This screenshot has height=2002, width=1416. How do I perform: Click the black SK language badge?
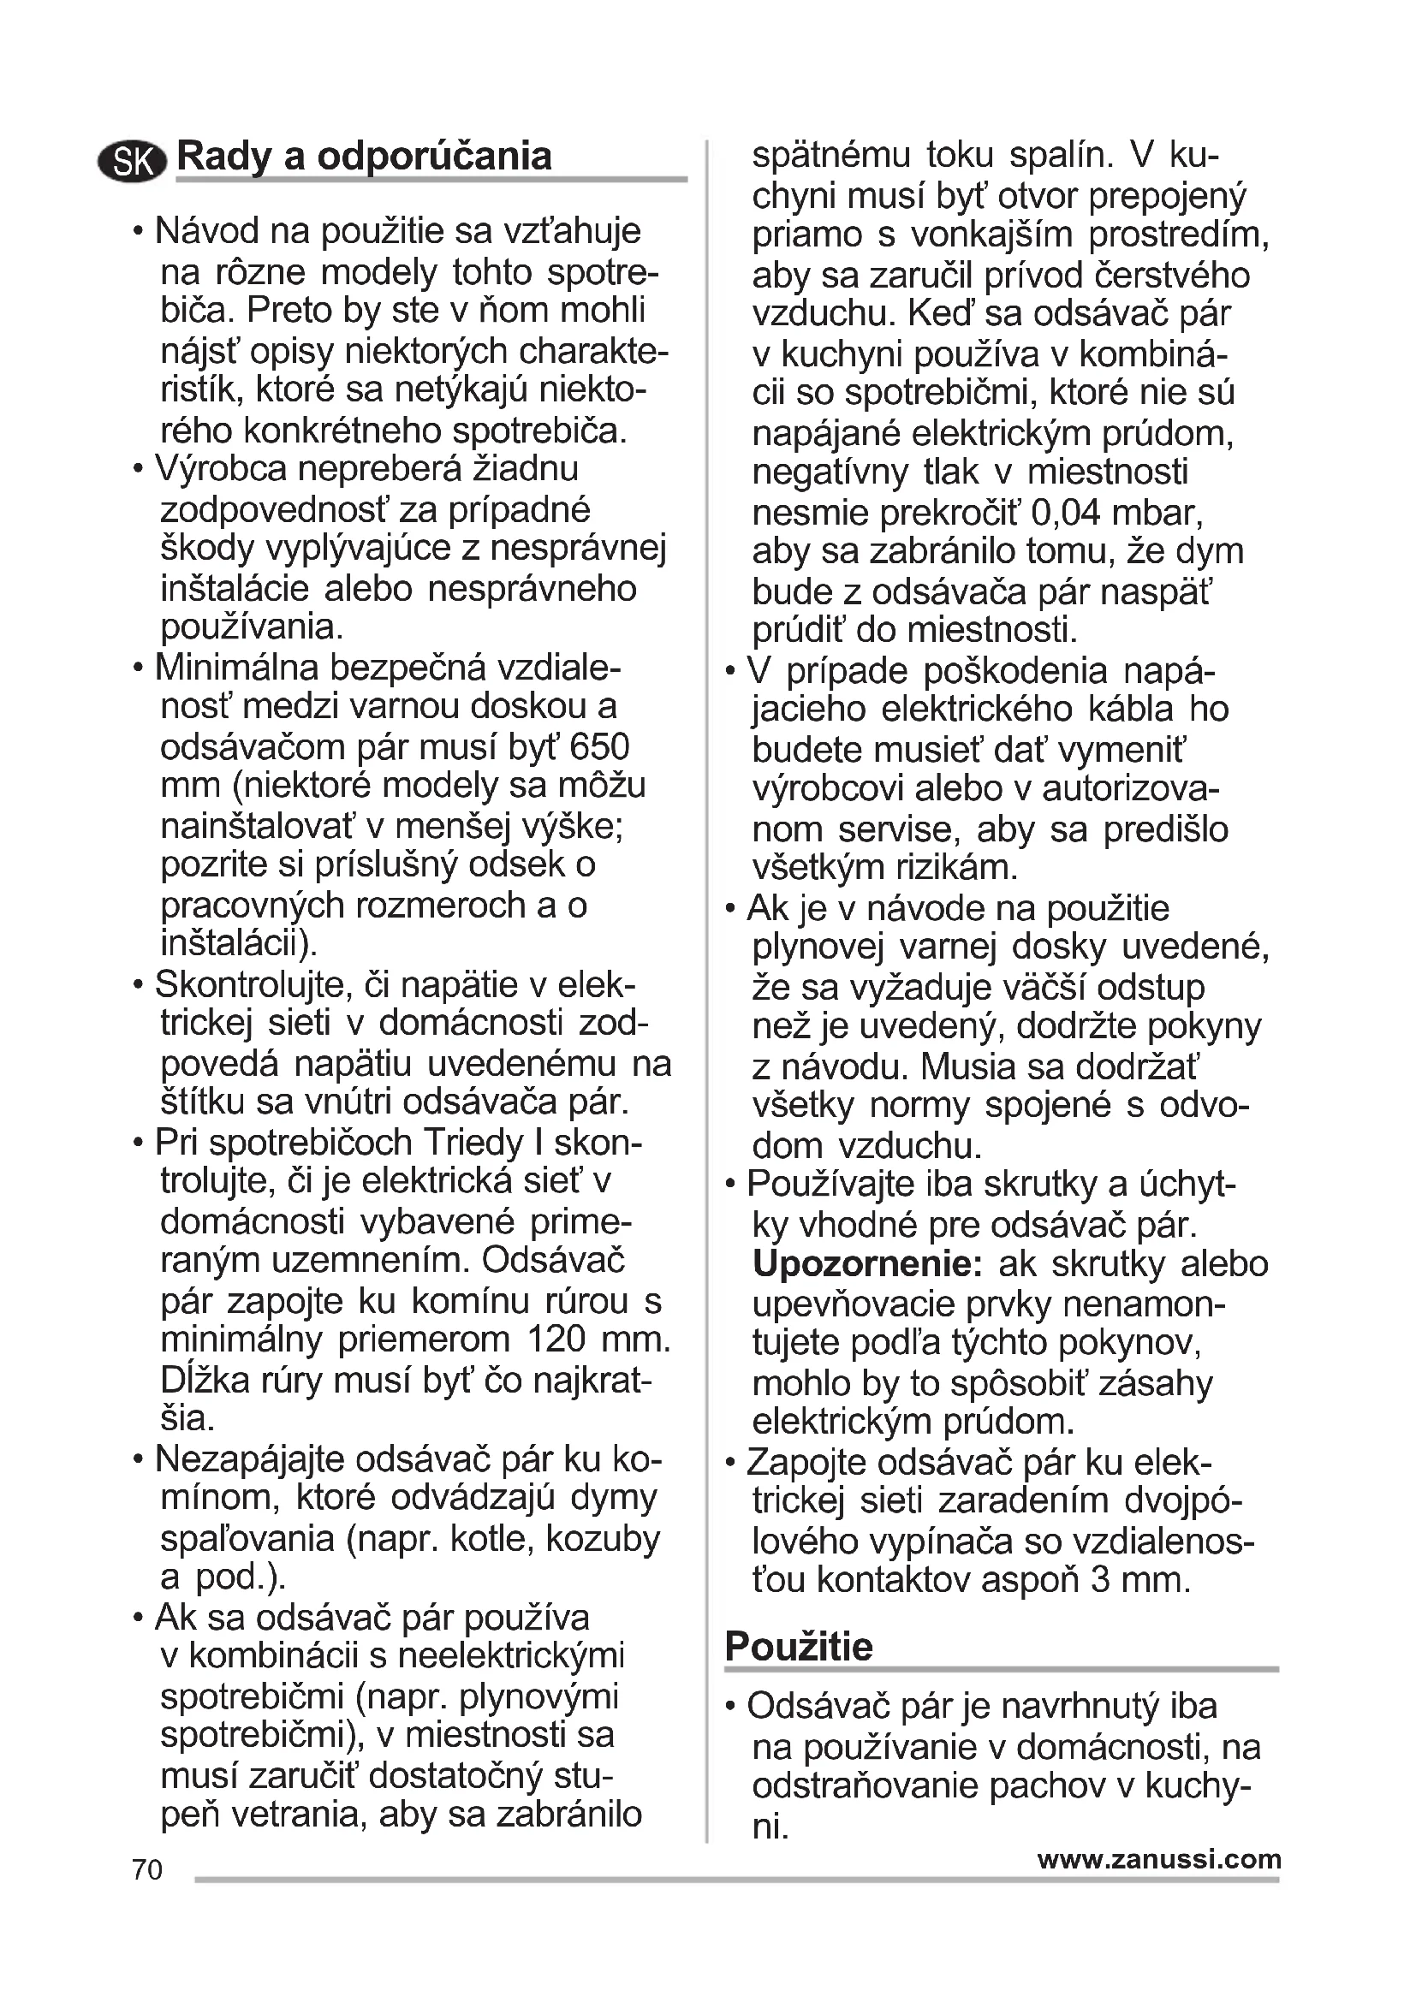133,161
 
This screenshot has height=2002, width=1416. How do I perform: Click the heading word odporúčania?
434,157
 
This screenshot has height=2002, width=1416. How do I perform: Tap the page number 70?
147,1869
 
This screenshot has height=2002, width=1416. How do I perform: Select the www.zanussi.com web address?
1159,1859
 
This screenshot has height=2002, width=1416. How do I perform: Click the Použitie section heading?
798,1646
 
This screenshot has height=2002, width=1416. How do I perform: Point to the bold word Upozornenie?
867,1263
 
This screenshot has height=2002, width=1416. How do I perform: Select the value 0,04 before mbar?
1066,512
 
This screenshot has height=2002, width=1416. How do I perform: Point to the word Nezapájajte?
250,1458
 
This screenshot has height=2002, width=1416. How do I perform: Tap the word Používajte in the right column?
833,1184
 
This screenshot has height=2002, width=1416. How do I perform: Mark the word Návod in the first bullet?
205,232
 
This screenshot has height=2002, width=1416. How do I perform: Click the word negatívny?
830,472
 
